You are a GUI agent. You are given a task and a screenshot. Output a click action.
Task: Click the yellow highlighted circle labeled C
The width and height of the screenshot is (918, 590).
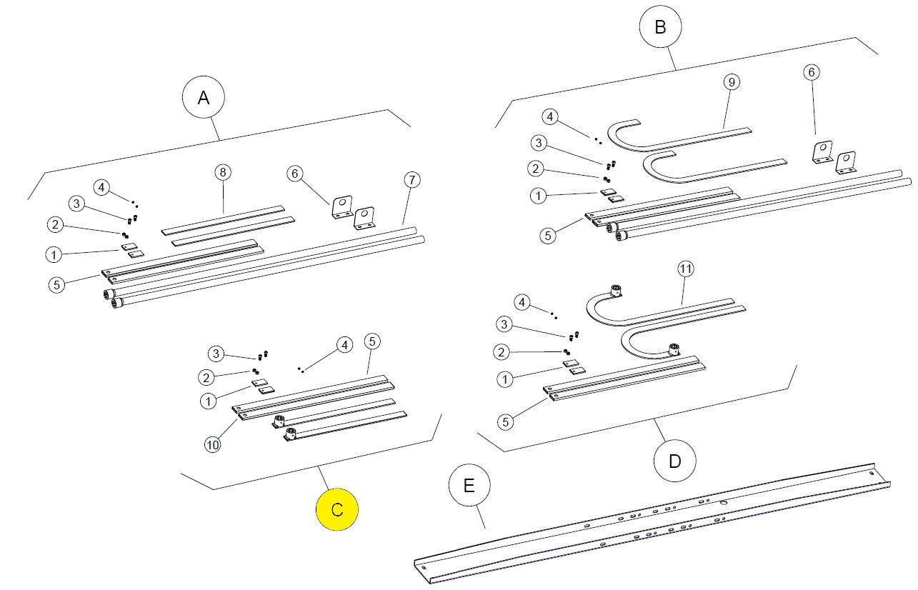[337, 510]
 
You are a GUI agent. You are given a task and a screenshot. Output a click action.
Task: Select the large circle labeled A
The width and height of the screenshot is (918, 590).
[204, 99]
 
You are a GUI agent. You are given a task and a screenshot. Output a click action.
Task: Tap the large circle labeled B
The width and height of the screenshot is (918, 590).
[660, 28]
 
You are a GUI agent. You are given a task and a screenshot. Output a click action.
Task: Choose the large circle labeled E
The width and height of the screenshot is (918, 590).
[469, 486]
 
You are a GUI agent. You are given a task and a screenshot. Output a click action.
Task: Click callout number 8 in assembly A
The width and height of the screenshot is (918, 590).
[223, 172]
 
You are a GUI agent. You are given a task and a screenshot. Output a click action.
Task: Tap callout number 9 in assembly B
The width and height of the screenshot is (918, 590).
[730, 82]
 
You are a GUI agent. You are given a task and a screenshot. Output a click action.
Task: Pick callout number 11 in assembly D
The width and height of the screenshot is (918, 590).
[686, 269]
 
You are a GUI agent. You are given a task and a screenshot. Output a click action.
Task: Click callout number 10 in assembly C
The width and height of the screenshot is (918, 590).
[213, 444]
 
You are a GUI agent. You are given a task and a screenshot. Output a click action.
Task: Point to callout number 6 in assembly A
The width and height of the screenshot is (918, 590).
[294, 174]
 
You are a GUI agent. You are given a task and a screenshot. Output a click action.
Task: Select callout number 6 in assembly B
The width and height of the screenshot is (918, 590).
[811, 72]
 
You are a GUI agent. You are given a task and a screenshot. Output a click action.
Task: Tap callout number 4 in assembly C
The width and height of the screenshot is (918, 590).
[344, 345]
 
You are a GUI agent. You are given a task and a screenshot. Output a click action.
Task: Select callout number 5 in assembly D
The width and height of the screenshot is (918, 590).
[505, 421]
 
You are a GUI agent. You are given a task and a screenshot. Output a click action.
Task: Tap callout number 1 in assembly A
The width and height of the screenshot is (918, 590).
[52, 254]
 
